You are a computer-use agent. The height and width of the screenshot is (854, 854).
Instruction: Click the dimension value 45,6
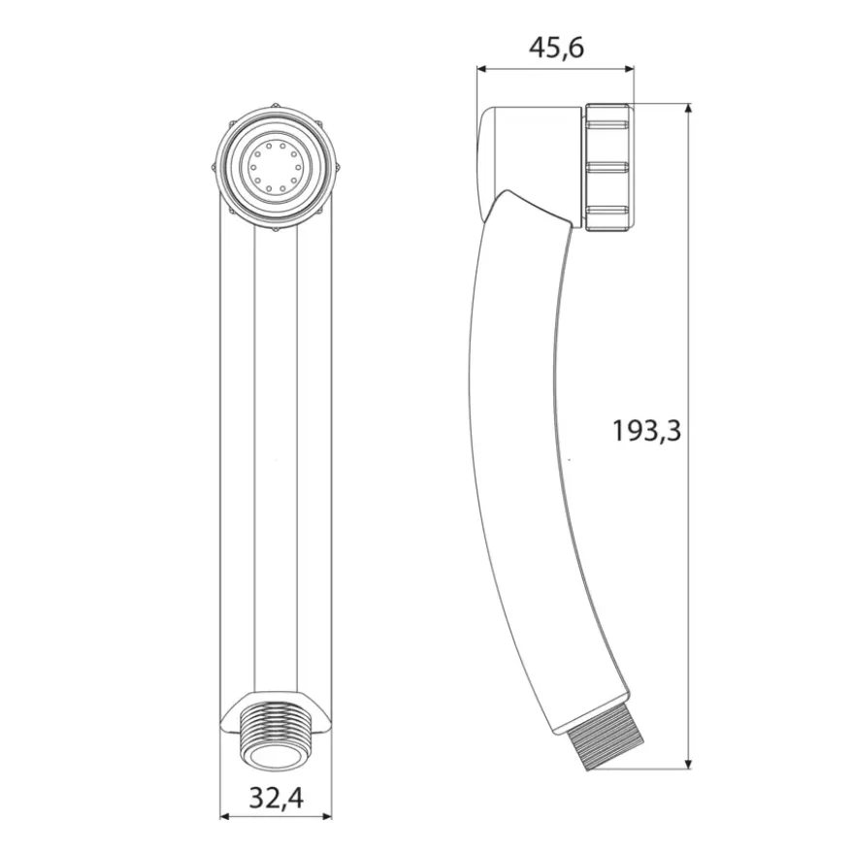click(x=557, y=48)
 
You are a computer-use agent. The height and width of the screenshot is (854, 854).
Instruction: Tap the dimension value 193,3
click(x=647, y=431)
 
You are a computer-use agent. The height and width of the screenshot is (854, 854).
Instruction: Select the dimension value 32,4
click(x=277, y=799)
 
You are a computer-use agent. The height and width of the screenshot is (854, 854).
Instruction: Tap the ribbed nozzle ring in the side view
click(x=608, y=167)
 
